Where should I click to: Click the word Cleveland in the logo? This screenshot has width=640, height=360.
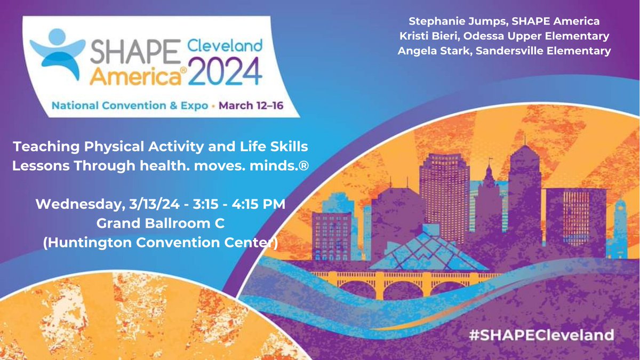[x=225, y=46]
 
